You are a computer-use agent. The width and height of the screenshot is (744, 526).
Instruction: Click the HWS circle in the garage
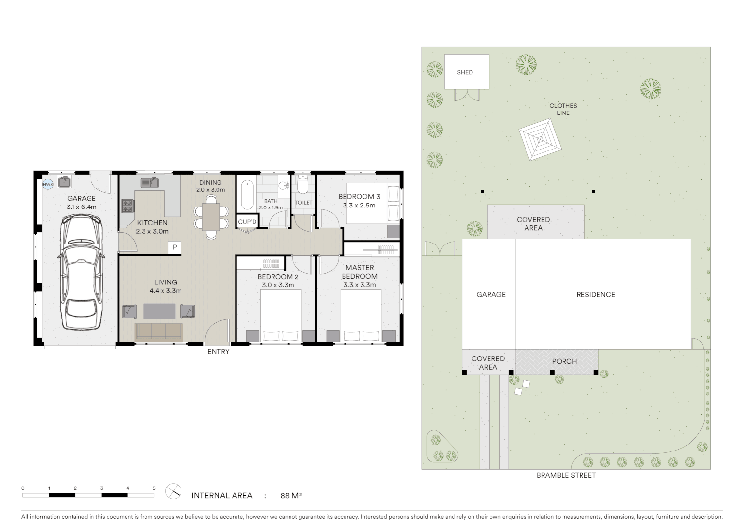[x=48, y=184]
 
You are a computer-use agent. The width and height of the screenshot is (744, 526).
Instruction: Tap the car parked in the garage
[x=81, y=273]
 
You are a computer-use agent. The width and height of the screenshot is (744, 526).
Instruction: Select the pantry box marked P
[x=174, y=247]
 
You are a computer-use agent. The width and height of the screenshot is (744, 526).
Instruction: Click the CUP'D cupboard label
[x=247, y=222]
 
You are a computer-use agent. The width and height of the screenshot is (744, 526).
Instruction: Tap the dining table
[x=211, y=216]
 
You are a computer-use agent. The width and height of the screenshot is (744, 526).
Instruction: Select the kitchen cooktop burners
[x=127, y=206]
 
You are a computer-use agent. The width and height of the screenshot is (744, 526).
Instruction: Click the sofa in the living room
[x=159, y=332]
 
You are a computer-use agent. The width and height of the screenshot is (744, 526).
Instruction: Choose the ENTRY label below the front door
[x=218, y=351]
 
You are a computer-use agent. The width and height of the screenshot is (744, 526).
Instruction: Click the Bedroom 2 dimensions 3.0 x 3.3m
[x=278, y=285]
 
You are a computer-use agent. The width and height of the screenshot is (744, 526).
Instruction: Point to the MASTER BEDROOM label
[x=360, y=272]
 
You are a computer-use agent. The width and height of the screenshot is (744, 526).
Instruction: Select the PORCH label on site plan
[x=564, y=361]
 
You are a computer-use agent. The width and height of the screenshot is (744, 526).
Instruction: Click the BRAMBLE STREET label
[x=566, y=475]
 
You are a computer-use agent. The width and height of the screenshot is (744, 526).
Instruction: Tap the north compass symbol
[x=173, y=491]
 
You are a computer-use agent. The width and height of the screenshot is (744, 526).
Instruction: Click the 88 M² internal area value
[x=291, y=496]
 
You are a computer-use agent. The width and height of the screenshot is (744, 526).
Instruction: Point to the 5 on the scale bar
[x=154, y=488]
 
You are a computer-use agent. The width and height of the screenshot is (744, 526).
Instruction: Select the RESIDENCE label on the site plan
[x=595, y=294]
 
